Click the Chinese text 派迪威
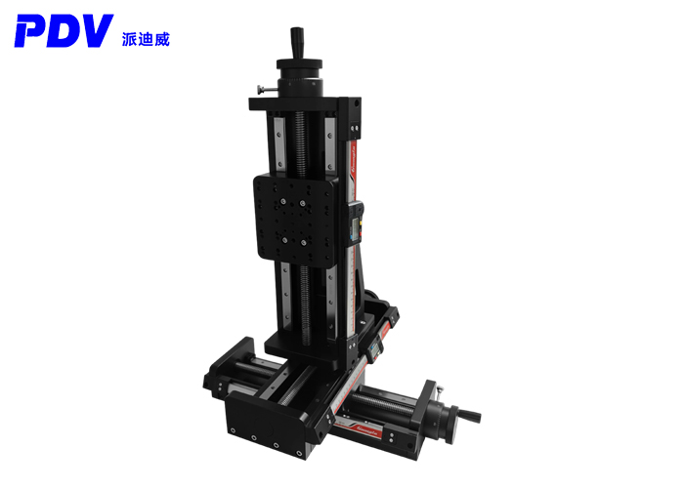(144, 39)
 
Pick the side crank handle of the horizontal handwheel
(473, 417)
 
